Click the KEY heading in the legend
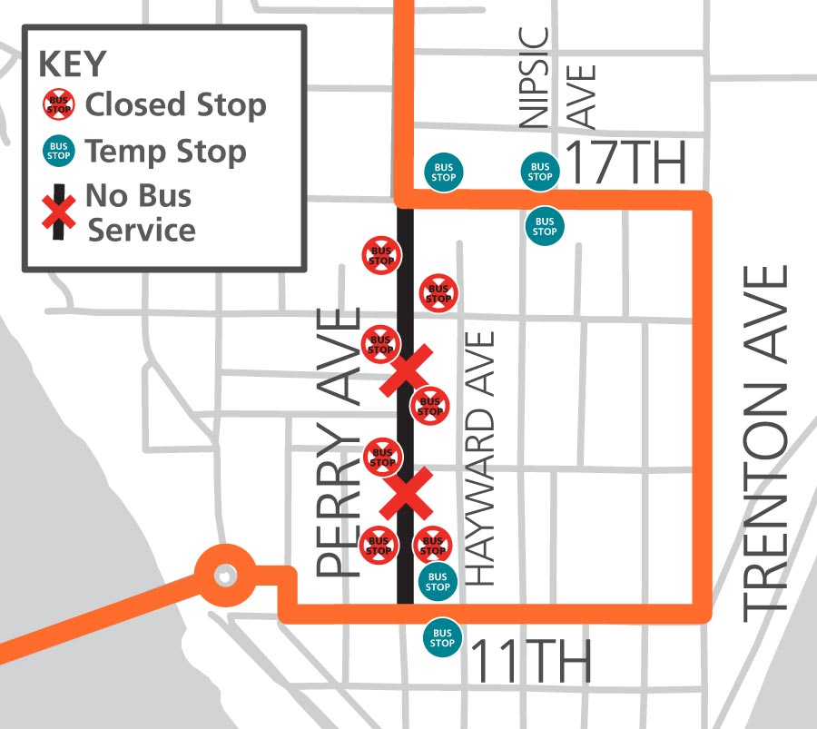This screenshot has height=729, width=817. tap(73, 64)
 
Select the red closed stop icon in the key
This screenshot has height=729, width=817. tap(59, 105)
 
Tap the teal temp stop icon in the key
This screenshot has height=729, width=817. tap(59, 151)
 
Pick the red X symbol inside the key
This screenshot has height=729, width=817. tap(59, 212)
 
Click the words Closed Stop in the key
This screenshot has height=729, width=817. tap(175, 105)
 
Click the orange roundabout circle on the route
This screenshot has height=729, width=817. tap(222, 575)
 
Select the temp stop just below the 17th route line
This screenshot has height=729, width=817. tap(545, 226)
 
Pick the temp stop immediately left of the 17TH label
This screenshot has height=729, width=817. tap(540, 171)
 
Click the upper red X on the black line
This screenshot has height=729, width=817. tap(406, 369)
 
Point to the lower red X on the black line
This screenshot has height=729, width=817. tap(406, 493)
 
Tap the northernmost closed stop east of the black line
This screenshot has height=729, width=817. tap(438, 293)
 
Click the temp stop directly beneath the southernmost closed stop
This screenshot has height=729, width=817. tap(438, 581)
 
